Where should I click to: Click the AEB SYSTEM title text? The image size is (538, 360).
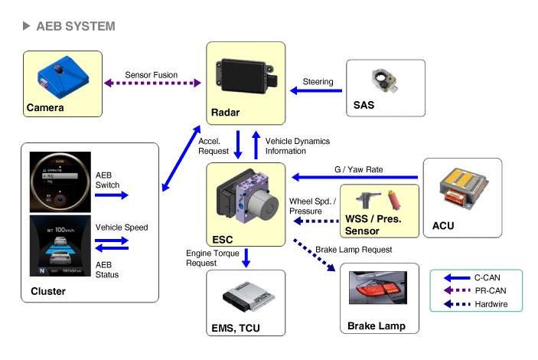pos(75,27)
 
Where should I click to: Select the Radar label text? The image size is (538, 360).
pos(225,113)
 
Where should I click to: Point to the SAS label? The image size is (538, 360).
pos(364,105)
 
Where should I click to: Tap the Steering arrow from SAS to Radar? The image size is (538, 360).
pos(316,91)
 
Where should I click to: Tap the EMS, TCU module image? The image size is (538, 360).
pos(245,301)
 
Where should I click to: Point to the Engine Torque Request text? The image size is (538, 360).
pos(207,257)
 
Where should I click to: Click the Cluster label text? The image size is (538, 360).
pos(48,291)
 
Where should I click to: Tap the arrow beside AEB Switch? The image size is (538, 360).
pos(112,195)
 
